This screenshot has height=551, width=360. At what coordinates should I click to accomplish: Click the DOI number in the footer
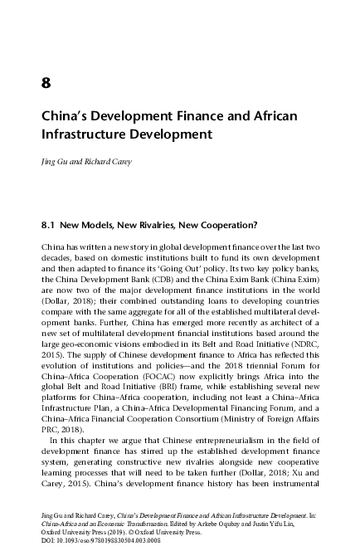pos(100,539)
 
